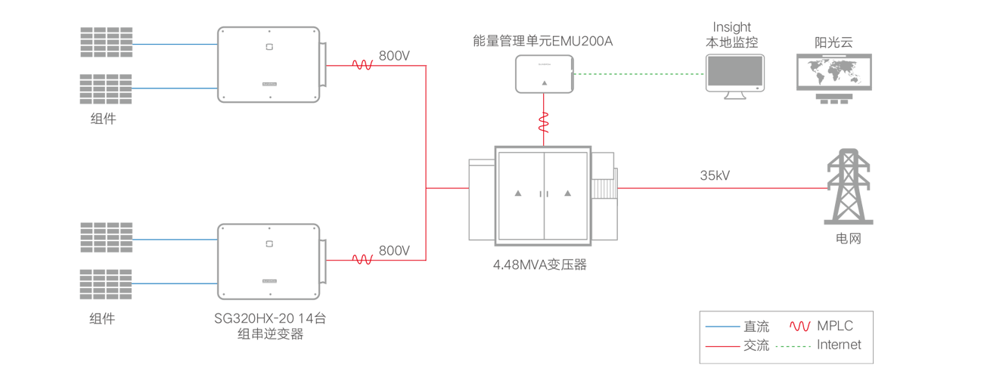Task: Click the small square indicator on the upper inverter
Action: (x=269, y=47)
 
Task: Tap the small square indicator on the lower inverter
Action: (x=269, y=243)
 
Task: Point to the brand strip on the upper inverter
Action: (x=269, y=85)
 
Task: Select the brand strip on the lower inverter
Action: (x=269, y=281)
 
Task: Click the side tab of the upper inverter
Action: (x=322, y=64)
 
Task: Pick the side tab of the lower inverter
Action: (x=322, y=261)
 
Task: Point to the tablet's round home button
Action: (x=758, y=88)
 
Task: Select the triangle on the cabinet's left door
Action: (x=518, y=194)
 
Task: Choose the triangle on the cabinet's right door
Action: (x=568, y=194)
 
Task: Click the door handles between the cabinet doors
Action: (x=543, y=195)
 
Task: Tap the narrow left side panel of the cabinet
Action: (x=483, y=200)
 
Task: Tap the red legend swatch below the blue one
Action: (x=724, y=346)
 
